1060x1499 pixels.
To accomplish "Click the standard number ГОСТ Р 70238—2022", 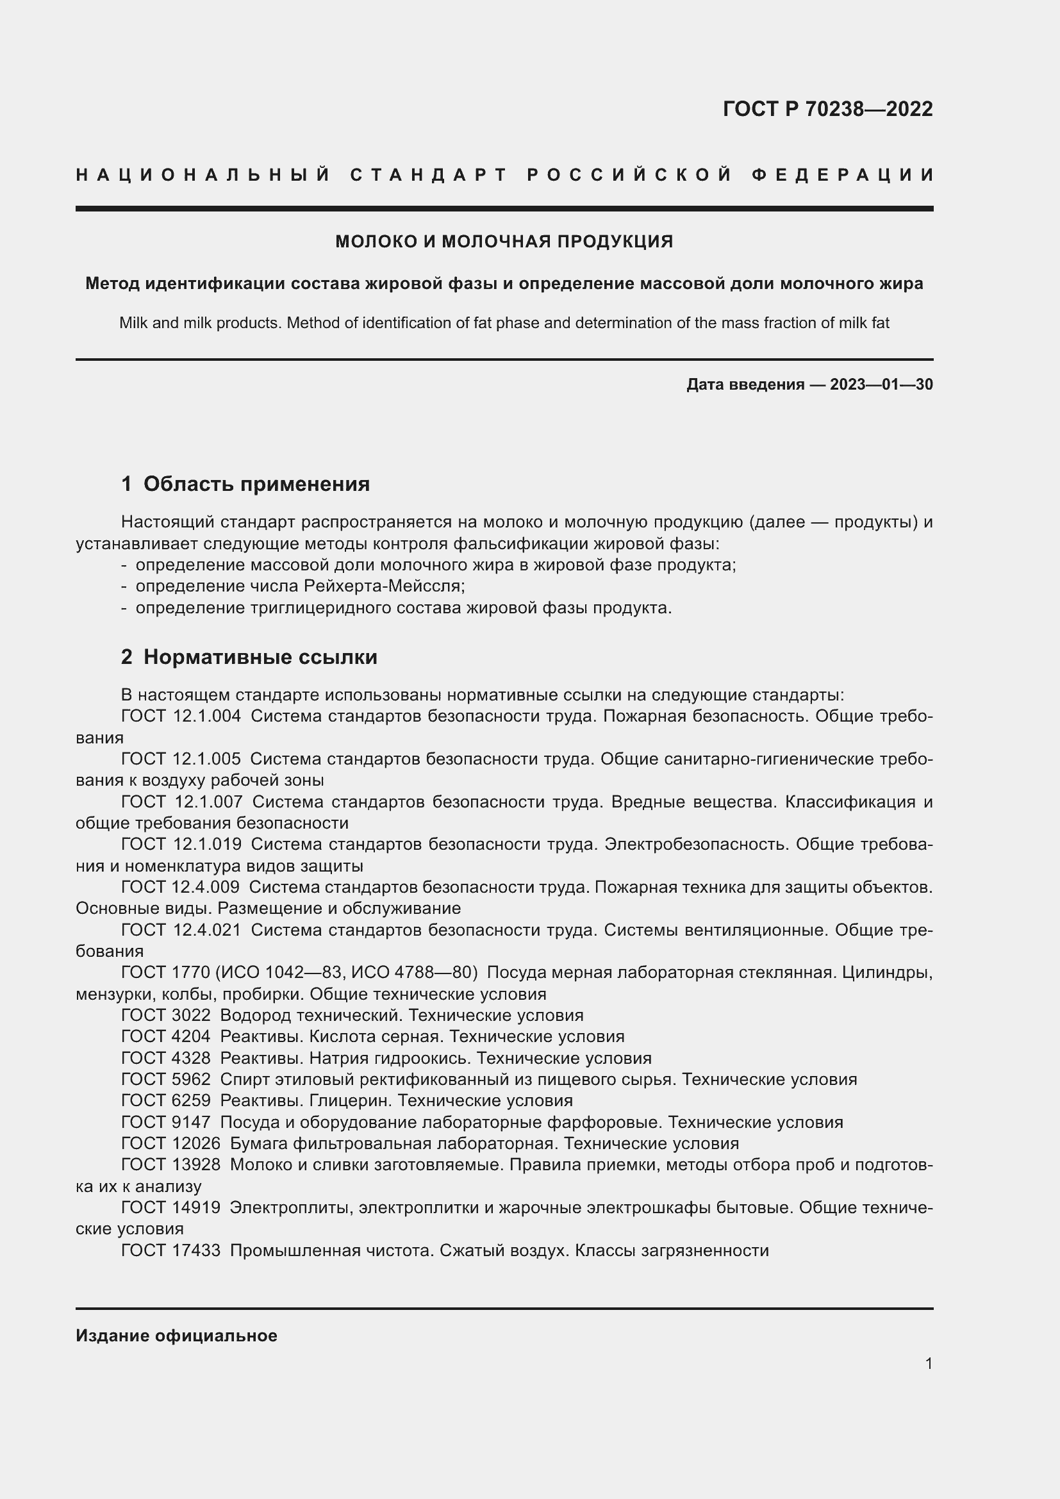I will click(x=827, y=109).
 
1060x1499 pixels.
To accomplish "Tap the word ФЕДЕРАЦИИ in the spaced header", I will click(x=842, y=175).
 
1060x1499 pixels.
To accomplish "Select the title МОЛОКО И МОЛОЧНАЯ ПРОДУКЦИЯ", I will click(x=504, y=242).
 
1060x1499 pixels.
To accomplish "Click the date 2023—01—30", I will click(x=881, y=385).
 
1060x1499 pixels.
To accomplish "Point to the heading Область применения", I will click(x=256, y=484).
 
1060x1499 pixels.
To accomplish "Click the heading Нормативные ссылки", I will click(x=260, y=657).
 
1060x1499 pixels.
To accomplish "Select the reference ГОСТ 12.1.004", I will click(x=181, y=716).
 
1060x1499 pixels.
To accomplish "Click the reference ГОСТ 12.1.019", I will click(x=181, y=844).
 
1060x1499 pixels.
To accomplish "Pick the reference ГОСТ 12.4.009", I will click(x=180, y=886).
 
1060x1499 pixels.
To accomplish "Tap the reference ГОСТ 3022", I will click(x=166, y=1015).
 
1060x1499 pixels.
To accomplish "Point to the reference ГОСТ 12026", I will click(x=171, y=1143).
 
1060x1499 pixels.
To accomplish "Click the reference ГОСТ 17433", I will click(x=171, y=1250).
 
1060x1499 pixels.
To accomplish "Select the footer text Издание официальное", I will click(x=176, y=1336).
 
